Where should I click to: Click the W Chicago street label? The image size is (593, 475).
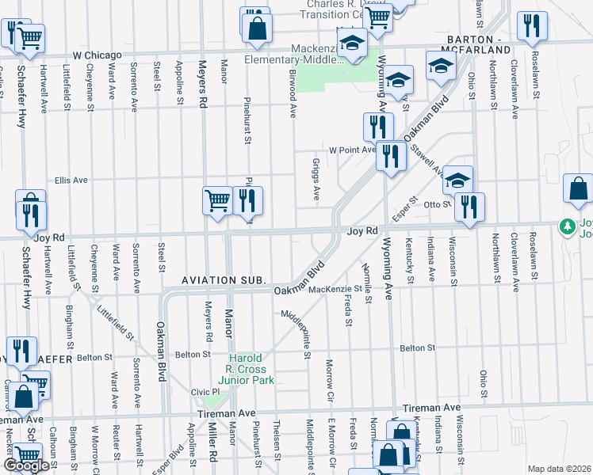97,55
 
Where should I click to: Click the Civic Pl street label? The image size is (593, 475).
205,392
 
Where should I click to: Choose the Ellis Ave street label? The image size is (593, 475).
71,180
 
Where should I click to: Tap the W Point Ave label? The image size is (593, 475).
352,150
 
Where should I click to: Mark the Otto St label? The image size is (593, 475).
436,204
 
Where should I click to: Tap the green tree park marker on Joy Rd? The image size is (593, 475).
567,227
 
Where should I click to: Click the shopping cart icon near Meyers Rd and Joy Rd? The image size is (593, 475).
216,199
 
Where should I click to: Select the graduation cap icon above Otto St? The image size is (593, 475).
457,180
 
